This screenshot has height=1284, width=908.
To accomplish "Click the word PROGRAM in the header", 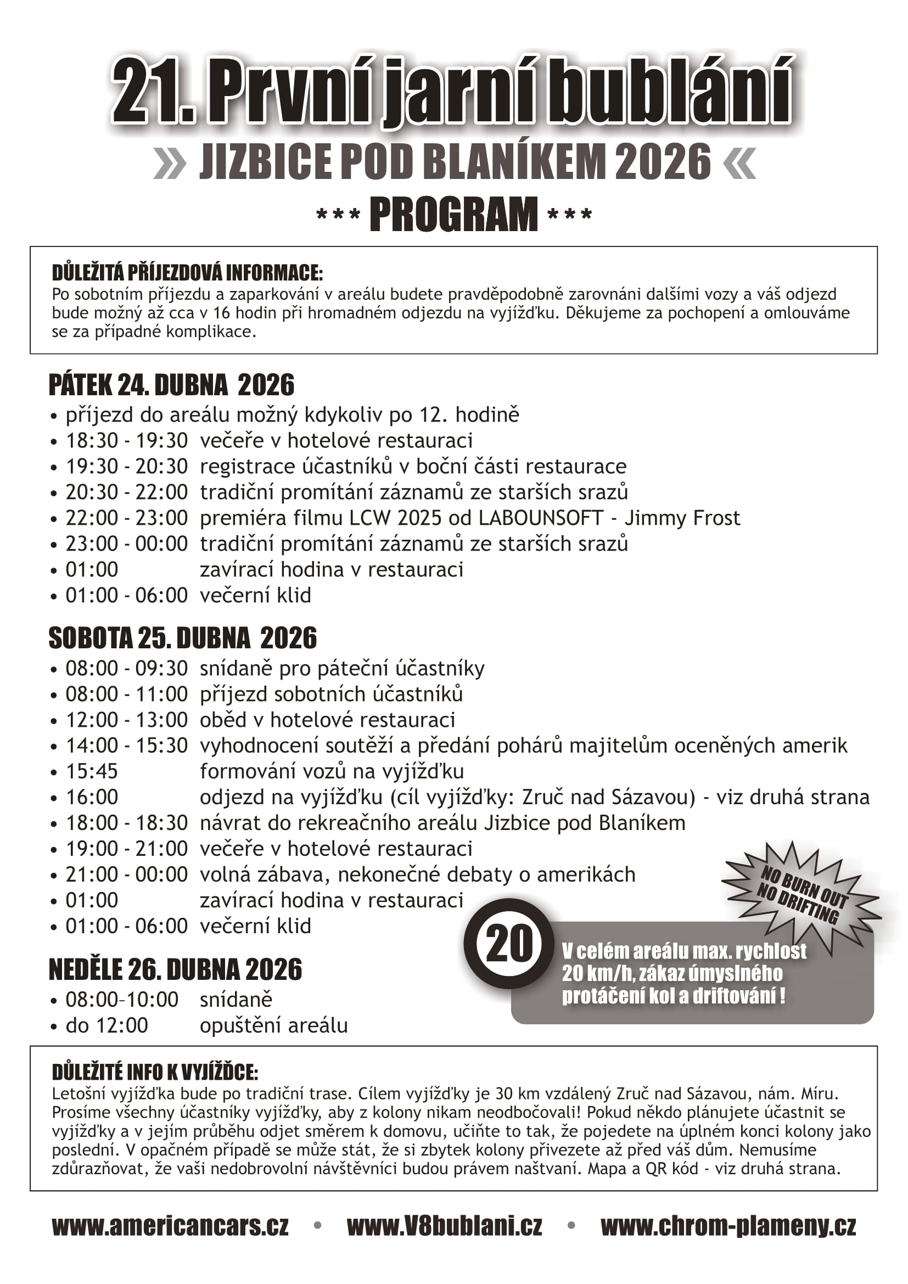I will [453, 214].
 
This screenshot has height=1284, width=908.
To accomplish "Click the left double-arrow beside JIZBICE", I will [170, 163].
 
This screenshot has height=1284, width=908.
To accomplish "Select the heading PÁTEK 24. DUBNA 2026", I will [171, 385].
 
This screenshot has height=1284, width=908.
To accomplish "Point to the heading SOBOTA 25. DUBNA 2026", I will [182, 638].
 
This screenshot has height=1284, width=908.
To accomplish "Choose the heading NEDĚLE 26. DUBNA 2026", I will [175, 969].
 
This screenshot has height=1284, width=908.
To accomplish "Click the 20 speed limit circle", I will [509, 944].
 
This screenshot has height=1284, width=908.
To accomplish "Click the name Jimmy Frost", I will [682, 518].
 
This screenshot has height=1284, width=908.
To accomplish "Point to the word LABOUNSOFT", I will [541, 518].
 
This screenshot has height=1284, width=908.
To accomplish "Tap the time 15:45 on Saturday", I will [92, 771].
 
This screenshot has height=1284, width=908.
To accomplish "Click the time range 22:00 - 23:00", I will [126, 518].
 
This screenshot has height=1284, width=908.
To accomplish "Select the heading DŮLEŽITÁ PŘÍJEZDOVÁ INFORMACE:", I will [187, 273].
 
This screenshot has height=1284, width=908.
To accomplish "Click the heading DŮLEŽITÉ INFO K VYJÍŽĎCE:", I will [155, 1072].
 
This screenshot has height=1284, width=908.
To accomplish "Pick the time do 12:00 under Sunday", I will [107, 1025].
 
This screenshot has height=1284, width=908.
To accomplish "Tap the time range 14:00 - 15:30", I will [126, 745].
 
